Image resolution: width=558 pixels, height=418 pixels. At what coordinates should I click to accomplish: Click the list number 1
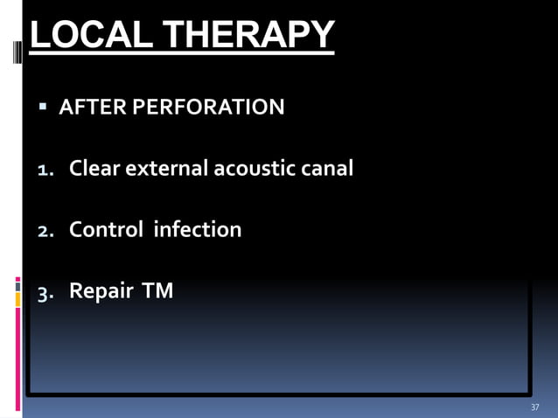[x=44, y=170]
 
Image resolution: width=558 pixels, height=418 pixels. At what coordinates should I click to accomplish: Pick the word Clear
[x=94, y=168]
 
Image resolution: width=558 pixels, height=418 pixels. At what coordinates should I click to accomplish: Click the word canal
[x=330, y=168]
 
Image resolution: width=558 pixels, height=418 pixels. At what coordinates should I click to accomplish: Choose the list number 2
[x=44, y=231]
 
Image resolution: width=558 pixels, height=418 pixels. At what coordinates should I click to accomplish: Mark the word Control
[x=107, y=229]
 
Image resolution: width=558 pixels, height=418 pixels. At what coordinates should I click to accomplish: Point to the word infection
[x=197, y=229]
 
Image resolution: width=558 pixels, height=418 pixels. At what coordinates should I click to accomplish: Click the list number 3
[x=44, y=292]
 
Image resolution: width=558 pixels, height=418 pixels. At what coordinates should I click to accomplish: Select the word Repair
[x=99, y=291]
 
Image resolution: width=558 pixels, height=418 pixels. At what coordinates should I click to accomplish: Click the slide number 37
[x=534, y=408]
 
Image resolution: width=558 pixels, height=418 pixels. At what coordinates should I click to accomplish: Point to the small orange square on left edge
[x=17, y=300]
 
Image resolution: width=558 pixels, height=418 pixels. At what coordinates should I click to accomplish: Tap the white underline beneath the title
[x=182, y=55]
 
